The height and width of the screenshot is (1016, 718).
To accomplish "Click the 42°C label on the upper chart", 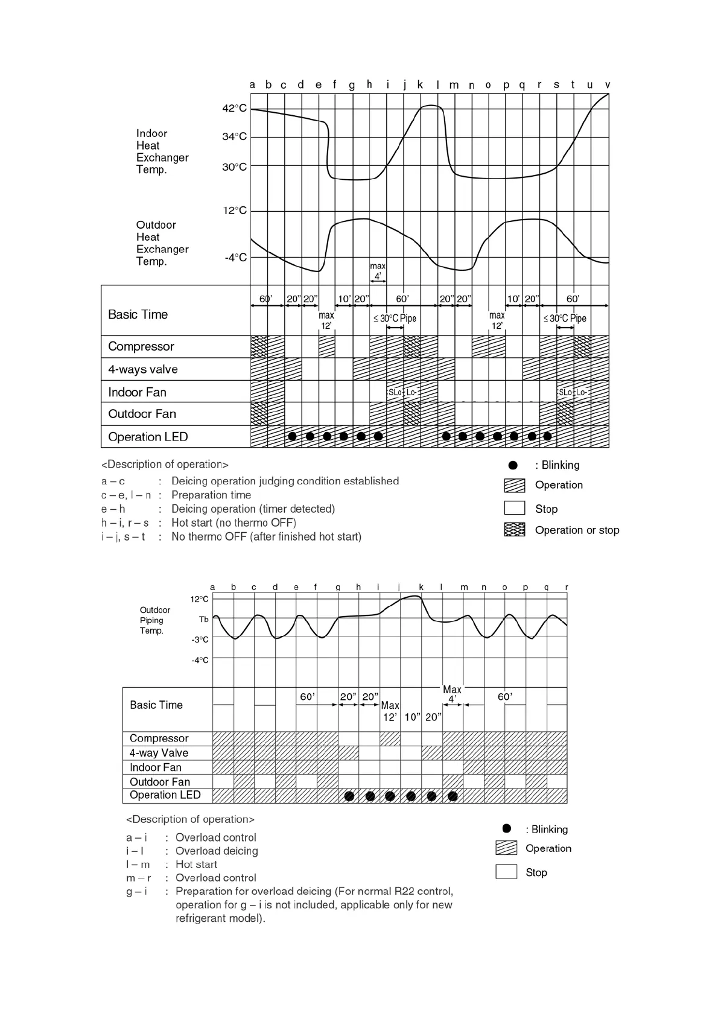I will tap(234, 109).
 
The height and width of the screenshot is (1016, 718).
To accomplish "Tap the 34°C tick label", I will tap(234, 137).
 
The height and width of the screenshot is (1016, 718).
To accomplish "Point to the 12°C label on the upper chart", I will tap(234, 211).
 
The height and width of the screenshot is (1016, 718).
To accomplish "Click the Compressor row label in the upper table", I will tap(141, 346).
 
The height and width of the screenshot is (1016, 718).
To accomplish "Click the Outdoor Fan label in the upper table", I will tap(142, 414).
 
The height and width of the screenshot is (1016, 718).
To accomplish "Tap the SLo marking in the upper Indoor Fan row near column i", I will tap(395, 392).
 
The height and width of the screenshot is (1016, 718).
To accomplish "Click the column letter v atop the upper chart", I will tap(607, 85).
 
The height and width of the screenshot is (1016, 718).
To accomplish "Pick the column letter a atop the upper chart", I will tap(252, 85).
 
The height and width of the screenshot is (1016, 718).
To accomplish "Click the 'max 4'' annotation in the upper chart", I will tap(378, 271).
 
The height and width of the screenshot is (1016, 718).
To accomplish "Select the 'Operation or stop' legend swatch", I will tap(514, 530).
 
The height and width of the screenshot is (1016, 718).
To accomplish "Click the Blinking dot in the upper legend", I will tap(513, 465).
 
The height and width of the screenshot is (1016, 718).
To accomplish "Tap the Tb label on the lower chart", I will tap(203, 620).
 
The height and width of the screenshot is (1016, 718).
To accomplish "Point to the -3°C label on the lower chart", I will tap(200, 640).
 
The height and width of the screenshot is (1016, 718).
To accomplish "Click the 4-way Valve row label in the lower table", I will tap(159, 753).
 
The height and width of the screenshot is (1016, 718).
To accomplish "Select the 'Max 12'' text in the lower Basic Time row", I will tap(390, 711).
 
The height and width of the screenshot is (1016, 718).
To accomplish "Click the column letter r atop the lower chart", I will tap(567, 587).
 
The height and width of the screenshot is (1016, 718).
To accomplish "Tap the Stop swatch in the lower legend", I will tap(506, 872).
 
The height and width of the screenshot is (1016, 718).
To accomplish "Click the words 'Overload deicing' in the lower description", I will tap(217, 851).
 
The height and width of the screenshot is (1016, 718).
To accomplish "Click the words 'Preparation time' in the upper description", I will tap(211, 495).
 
